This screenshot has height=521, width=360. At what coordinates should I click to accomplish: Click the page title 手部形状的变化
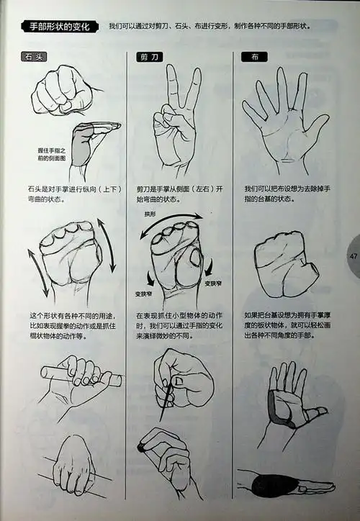click(60, 27)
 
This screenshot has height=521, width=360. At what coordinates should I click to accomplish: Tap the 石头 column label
click(34, 57)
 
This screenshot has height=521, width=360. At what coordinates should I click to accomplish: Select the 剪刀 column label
click(149, 57)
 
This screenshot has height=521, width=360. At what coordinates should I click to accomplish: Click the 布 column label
click(255, 57)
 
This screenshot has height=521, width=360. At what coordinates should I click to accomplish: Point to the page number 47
click(353, 256)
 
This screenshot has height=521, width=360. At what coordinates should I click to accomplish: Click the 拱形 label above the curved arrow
click(150, 214)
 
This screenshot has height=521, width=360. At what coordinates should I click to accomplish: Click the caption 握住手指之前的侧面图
click(52, 155)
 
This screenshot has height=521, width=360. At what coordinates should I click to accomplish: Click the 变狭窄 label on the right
click(213, 284)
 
